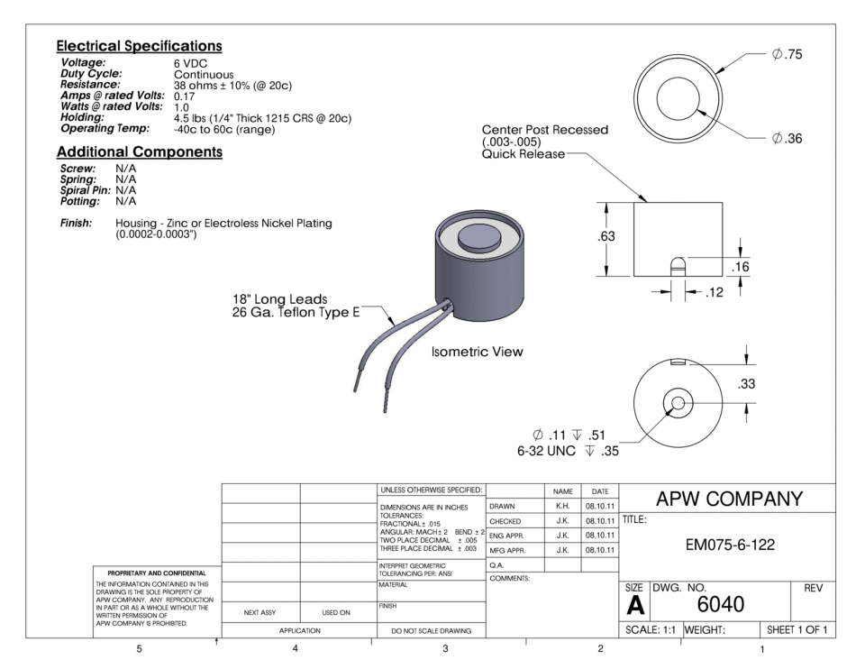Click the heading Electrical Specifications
pos(139,45)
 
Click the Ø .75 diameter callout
pos(787,55)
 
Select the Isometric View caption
pos(477,352)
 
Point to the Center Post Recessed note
pos(545,130)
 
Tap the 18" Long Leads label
pos(280,299)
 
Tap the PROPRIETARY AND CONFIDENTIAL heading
pos(152,573)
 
